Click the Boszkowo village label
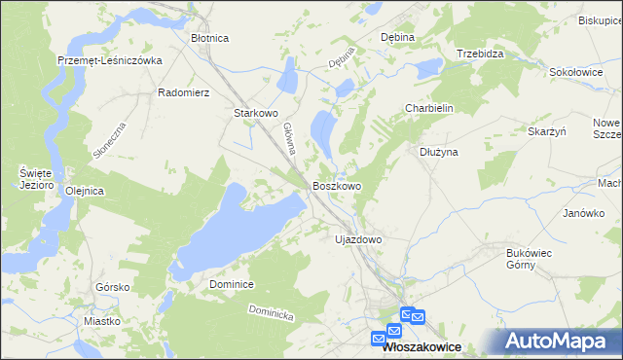tap(337, 186)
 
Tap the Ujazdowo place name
tap(358, 238)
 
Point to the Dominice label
tap(232, 284)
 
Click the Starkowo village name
tap(257, 113)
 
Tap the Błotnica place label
tap(209, 38)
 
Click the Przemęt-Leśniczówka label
tap(109, 59)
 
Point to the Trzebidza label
tap(480, 54)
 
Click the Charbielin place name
tap(430, 109)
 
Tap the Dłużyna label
tap(438, 152)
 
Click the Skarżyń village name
tap(547, 131)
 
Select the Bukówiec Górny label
tap(530, 259)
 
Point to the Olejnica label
tap(84, 191)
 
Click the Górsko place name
tap(113, 287)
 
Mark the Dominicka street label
tap(270, 313)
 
